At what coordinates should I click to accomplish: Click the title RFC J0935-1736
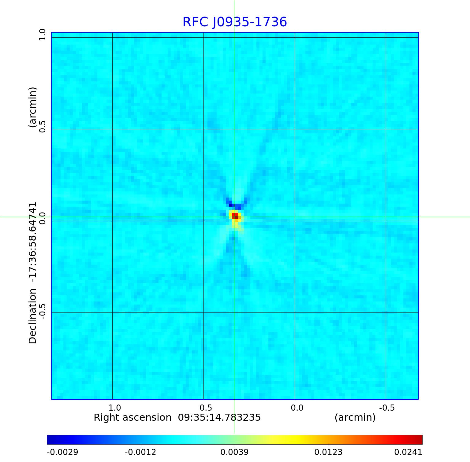pos(235,22)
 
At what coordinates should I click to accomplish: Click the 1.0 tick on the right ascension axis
pos(115,408)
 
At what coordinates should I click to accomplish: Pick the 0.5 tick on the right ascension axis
pos(206,408)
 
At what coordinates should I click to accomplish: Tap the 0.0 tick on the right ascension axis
pos(297,408)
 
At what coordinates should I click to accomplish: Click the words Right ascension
pos(132,417)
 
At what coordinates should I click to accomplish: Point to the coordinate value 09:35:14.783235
pos(219,417)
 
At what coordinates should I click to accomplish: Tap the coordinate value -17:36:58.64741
pos(32,242)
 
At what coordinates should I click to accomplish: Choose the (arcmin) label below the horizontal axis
pos(355,417)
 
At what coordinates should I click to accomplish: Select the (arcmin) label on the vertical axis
pos(32,107)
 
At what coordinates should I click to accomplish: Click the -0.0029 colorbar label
pos(62,452)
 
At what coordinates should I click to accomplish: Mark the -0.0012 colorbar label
pos(140,452)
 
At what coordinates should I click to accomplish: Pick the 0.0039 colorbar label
pos(234,452)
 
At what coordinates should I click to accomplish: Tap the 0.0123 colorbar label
pos(328,452)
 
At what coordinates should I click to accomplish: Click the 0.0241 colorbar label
pos(408,452)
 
